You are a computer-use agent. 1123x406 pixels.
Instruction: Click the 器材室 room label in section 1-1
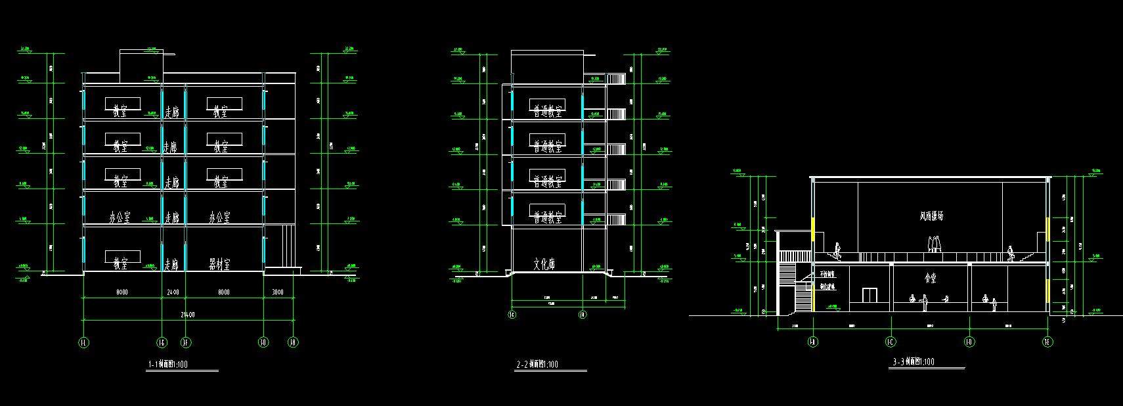click(x=219, y=264)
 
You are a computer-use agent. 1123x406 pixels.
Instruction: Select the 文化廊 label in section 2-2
click(x=544, y=265)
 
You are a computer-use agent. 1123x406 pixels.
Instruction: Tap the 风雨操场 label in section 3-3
click(x=931, y=216)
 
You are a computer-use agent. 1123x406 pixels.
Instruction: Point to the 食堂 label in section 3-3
click(x=931, y=279)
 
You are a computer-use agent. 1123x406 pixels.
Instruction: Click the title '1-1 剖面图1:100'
click(x=169, y=364)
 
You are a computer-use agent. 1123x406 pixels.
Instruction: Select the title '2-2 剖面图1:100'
click(x=537, y=364)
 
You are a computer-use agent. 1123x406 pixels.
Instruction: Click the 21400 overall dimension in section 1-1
click(x=187, y=315)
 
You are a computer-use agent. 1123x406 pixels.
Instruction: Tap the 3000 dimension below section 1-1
click(x=278, y=292)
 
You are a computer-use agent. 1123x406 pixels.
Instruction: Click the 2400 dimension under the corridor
click(x=174, y=292)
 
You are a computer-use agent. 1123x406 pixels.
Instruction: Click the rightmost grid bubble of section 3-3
click(x=1047, y=342)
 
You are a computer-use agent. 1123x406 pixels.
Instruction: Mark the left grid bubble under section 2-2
click(x=512, y=315)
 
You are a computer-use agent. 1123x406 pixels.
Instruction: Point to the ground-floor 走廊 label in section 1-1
click(x=171, y=264)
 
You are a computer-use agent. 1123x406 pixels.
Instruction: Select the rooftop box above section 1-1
click(x=141, y=60)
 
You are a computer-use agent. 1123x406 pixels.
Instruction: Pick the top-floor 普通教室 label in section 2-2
click(x=547, y=111)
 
